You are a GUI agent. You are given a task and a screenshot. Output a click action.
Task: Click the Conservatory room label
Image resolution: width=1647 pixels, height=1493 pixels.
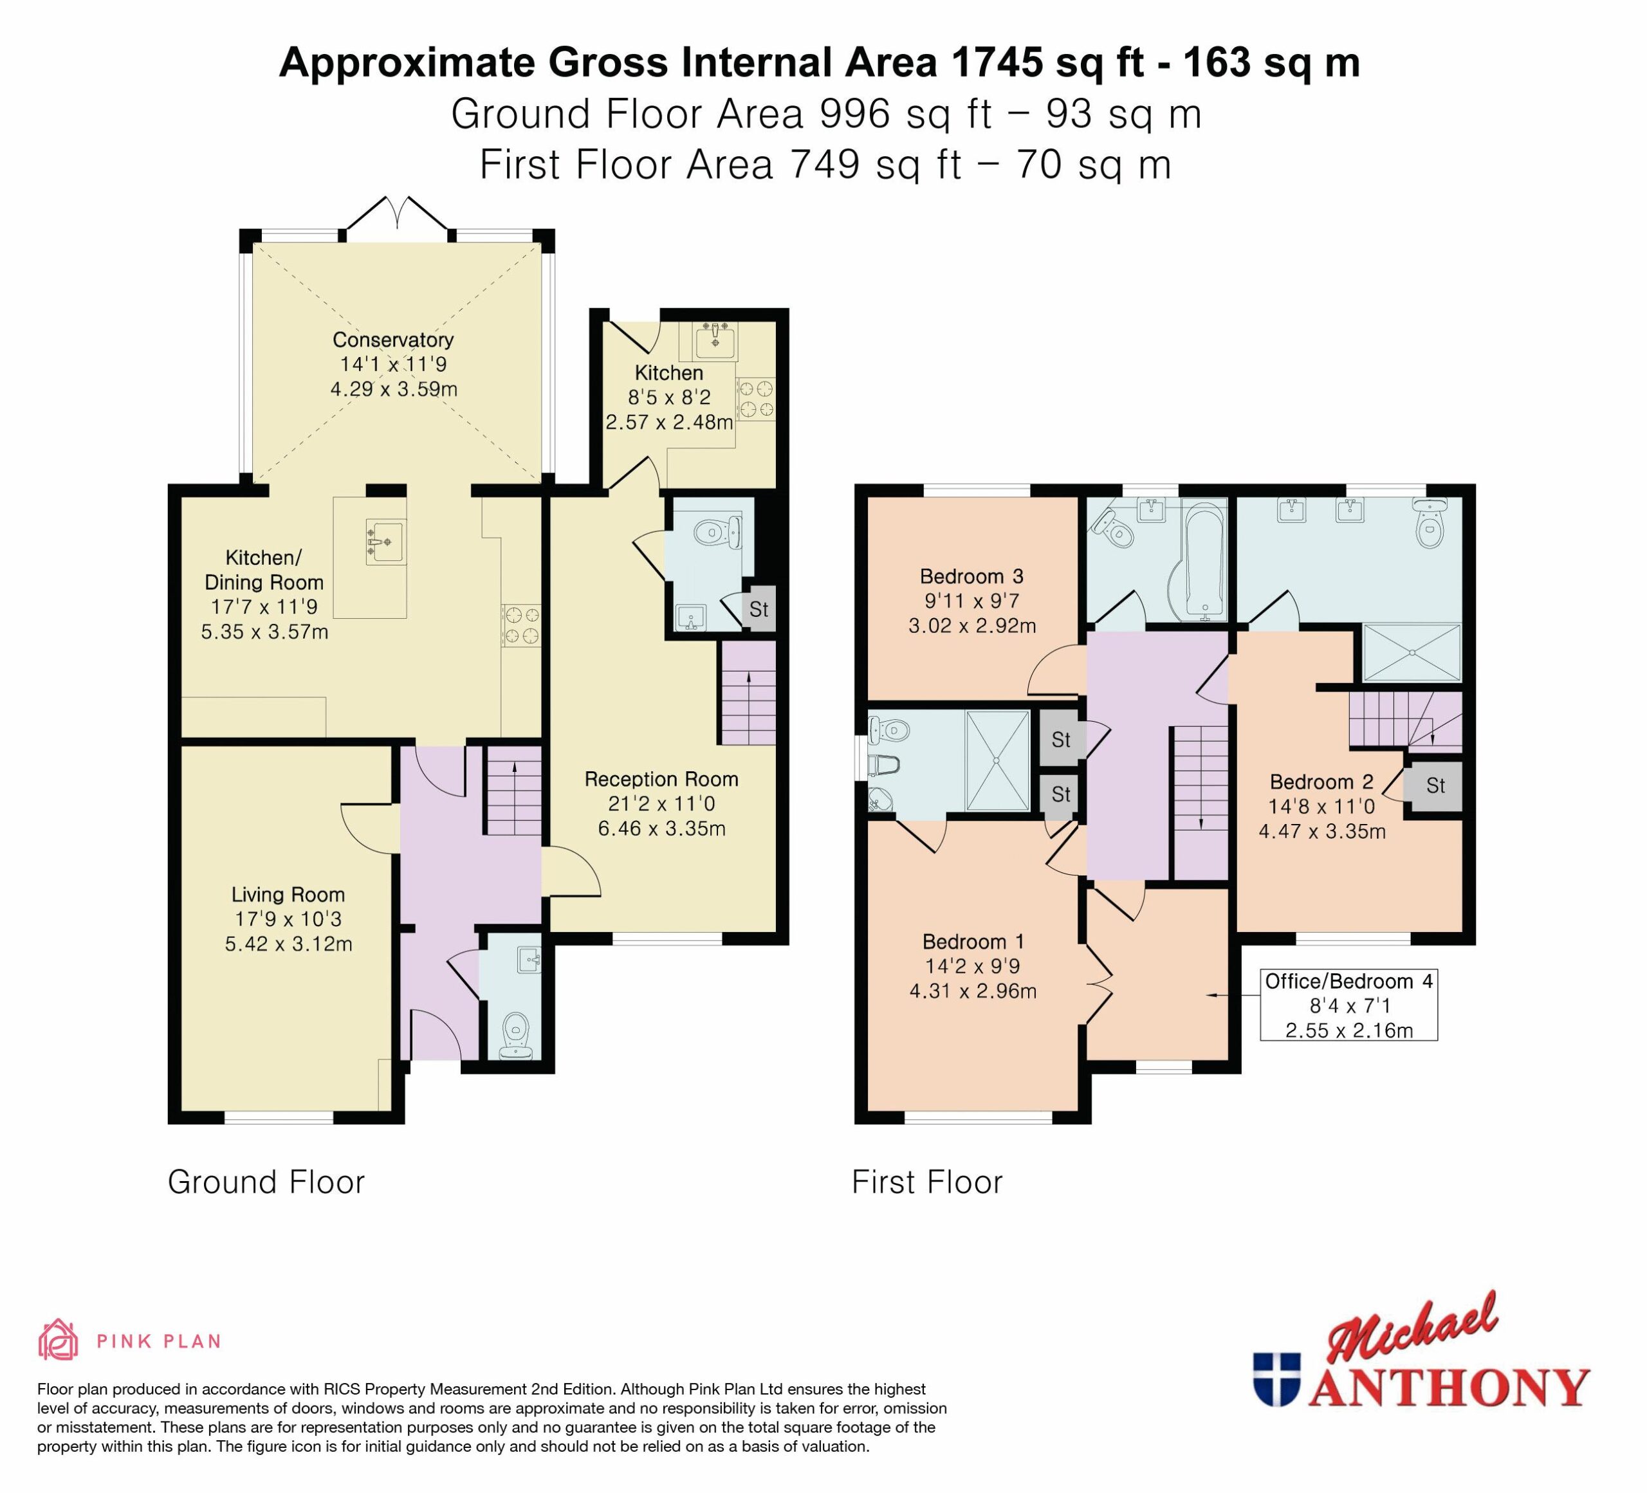tap(393, 340)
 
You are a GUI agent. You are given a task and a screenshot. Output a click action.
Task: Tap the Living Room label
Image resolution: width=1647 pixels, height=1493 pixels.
tap(288, 895)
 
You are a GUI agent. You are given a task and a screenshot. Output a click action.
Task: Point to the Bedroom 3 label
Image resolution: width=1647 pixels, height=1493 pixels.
tap(971, 576)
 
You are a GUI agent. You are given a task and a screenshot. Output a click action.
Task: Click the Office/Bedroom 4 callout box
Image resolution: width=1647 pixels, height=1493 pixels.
tap(1349, 1005)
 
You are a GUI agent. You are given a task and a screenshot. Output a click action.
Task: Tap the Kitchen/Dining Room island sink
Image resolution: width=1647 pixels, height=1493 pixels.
tap(385, 542)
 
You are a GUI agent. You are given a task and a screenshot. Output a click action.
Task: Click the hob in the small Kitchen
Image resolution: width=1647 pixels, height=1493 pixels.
tap(756, 399)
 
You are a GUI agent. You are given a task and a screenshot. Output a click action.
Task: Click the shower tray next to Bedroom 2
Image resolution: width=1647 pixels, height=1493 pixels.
tap(1412, 652)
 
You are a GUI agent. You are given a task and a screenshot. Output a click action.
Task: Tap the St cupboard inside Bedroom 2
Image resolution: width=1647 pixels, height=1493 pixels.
tap(1435, 785)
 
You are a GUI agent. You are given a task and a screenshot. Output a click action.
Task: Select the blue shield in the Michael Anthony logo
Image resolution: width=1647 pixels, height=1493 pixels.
tap(1276, 1378)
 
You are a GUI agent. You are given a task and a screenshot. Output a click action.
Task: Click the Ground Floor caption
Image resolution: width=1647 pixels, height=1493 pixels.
tap(266, 1182)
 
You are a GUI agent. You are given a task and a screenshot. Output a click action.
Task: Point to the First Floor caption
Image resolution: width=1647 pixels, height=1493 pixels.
tap(927, 1182)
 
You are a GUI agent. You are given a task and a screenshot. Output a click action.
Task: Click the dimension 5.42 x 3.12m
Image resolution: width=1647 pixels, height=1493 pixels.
tap(288, 944)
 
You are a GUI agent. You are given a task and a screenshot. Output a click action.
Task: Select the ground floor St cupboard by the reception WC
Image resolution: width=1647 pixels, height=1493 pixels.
tap(759, 609)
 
